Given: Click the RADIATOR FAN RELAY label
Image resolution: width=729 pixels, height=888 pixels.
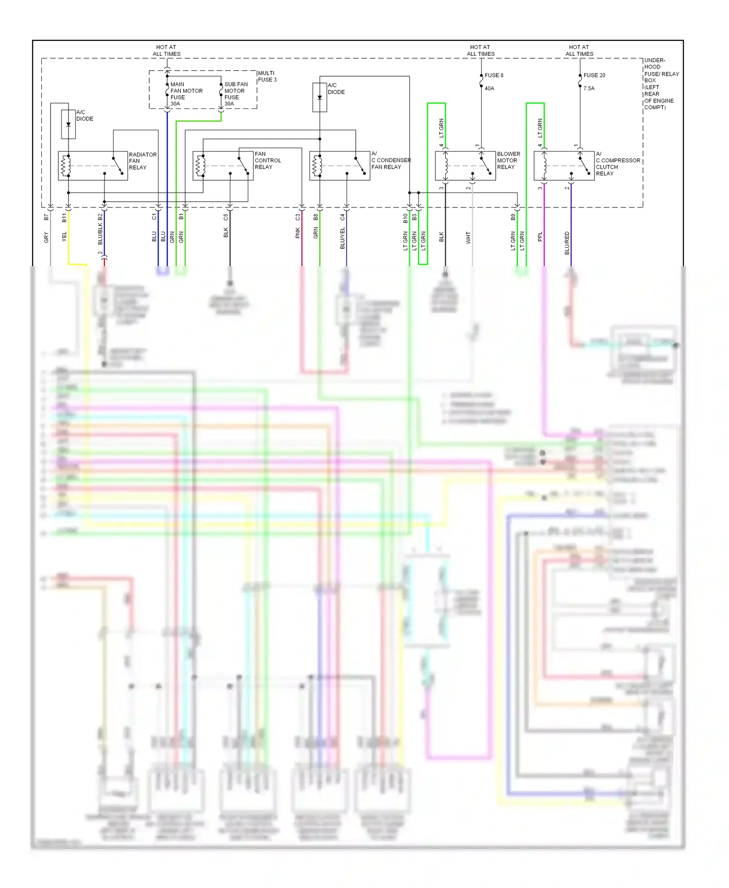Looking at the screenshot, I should coord(142,161).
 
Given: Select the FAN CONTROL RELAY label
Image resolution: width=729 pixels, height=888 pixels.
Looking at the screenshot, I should coord(267,160).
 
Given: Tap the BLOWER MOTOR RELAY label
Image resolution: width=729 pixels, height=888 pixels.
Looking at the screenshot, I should coord(508,160).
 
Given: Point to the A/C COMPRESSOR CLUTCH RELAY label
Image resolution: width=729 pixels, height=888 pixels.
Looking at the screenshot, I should coord(617,164).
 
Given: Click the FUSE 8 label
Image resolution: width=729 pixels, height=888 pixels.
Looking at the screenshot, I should coord(494,75).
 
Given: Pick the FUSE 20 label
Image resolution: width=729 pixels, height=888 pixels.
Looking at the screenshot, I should coord(594,75).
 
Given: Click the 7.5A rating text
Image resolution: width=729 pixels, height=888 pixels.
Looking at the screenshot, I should coord(589,88).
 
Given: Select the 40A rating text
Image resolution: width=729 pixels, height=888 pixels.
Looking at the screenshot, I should coord(489,88).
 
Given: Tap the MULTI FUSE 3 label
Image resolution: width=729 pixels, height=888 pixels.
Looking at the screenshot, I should coord(267,76).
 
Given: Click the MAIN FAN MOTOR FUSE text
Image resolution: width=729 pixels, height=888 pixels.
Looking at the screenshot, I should coord(186,94).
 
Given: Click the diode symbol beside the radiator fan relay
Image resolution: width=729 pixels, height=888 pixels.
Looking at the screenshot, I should coord(69,124).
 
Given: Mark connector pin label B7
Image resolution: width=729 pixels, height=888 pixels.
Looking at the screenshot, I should coord(47,217).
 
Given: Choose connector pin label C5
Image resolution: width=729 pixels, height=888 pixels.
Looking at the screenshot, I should coord(226,217).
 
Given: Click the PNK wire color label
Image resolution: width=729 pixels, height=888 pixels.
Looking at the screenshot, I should coord(298,233).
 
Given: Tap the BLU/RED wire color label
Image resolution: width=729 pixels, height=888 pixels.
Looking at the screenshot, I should coord(567,243).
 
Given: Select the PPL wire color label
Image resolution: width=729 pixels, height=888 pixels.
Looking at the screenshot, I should coord(540,237).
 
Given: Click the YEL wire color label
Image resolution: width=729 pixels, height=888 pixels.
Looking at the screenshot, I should coord(64,237).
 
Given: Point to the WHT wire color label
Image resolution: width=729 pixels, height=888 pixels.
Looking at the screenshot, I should coord(469,238).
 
